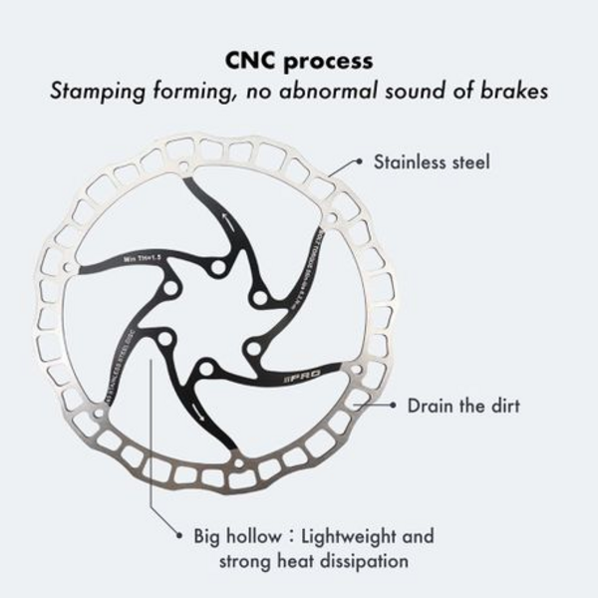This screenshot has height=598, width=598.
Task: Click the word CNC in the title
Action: pyautogui.click(x=256, y=60)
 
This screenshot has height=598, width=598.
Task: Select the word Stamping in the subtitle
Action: pyautogui.click(x=94, y=93)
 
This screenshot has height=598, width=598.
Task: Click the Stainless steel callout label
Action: pyautogui.click(x=432, y=161)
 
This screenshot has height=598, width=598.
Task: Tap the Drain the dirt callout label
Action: pyautogui.click(x=463, y=406)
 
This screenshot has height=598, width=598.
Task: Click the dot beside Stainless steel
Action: pyautogui.click(x=359, y=161)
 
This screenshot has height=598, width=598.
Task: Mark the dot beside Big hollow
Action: pyautogui.click(x=178, y=536)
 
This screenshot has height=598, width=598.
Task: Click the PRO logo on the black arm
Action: pyautogui.click(x=326, y=382)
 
